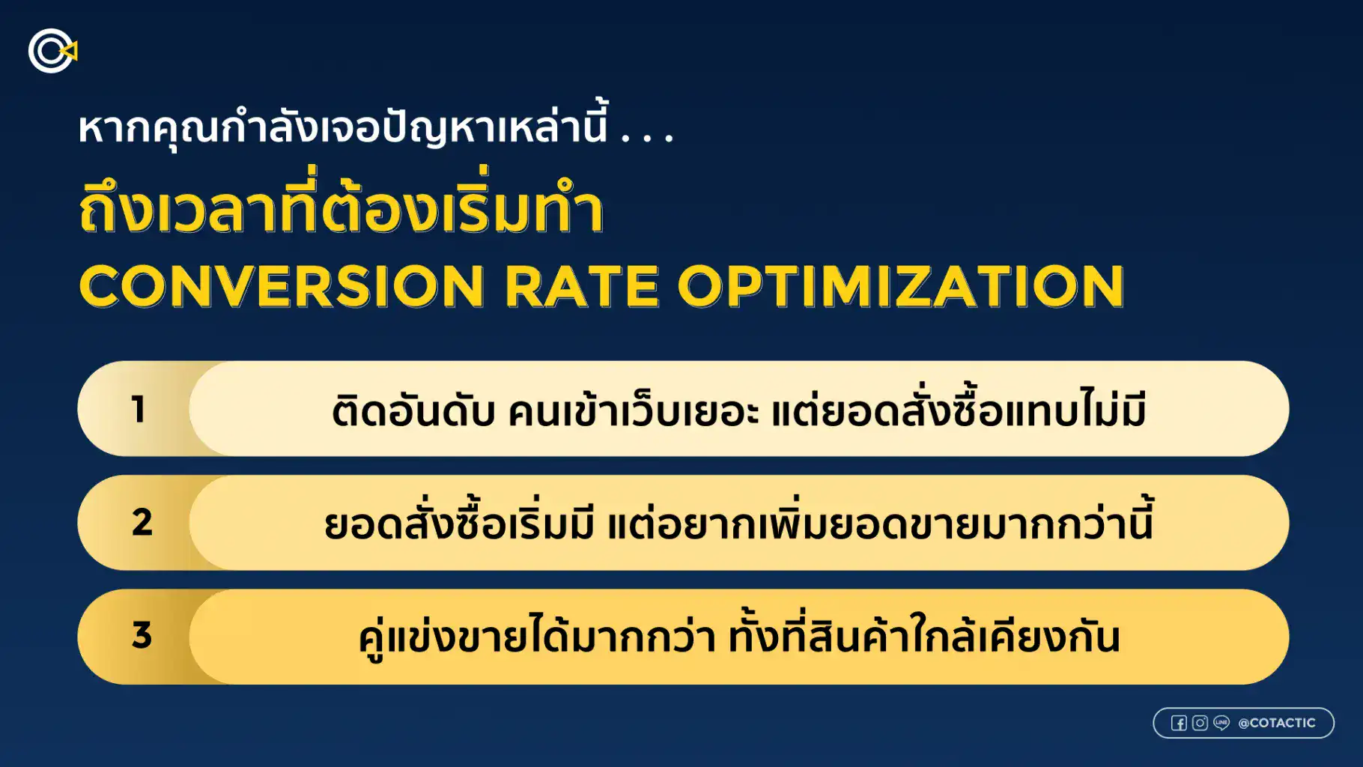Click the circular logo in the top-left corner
point(52,51)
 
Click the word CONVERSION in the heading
point(282,287)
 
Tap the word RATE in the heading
point(581,287)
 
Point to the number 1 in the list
point(139,410)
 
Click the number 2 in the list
point(142,523)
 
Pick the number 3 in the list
point(142,636)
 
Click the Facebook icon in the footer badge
point(1179,723)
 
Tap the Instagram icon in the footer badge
point(1200,723)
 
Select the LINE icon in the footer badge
point(1221,723)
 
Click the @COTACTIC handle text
point(1277,723)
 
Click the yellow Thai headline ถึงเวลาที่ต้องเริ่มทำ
point(341,211)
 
